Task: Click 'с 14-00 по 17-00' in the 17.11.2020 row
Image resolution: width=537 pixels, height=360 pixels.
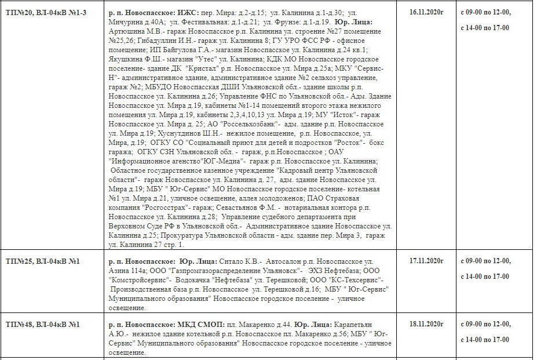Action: coord(485,276)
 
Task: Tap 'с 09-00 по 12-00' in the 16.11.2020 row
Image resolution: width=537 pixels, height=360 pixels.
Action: coord(485,12)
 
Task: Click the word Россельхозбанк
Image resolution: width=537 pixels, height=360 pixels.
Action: coord(250,124)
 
